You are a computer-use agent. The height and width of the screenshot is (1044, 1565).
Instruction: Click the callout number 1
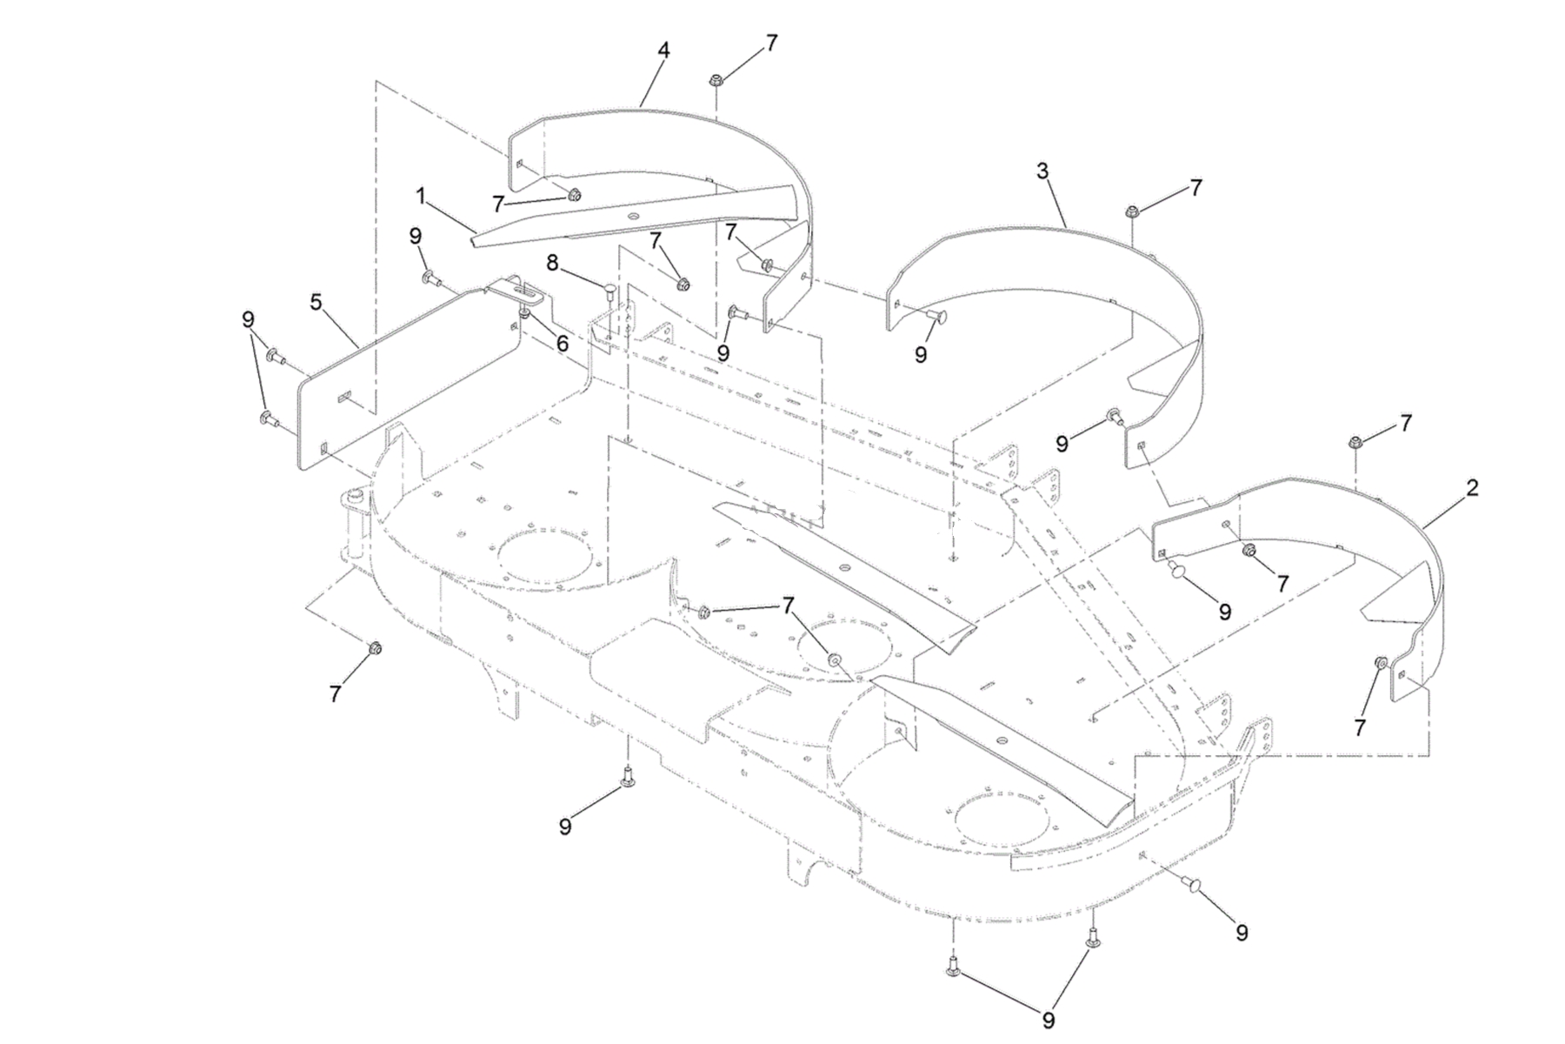421,197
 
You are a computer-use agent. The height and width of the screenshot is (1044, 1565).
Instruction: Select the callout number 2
1471,488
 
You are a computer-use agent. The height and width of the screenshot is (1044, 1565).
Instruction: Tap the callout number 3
1042,171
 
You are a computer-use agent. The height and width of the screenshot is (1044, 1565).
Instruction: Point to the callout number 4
663,50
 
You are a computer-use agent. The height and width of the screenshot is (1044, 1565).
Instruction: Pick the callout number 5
316,302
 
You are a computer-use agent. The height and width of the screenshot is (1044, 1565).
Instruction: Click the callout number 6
563,344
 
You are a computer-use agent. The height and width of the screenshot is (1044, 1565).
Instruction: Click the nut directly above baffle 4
716,81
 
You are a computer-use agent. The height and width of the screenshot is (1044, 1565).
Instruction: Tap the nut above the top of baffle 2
1355,443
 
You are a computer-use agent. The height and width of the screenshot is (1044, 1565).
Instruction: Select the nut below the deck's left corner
375,648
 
